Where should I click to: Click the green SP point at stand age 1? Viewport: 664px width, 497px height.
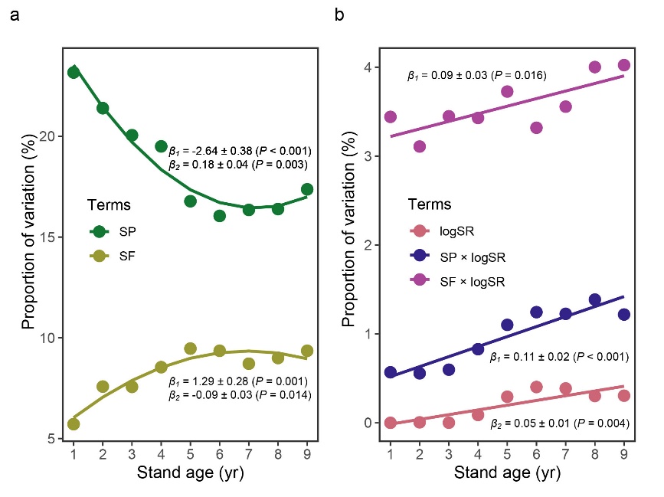coord(74,72)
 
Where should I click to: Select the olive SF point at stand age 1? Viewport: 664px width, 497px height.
coord(74,423)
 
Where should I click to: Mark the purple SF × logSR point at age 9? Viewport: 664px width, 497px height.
coord(623,65)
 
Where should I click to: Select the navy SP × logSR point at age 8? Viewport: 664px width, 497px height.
coord(594,299)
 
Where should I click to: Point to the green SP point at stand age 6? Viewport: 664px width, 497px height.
coord(219,216)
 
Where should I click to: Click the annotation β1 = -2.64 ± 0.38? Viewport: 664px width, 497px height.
coord(239,149)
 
